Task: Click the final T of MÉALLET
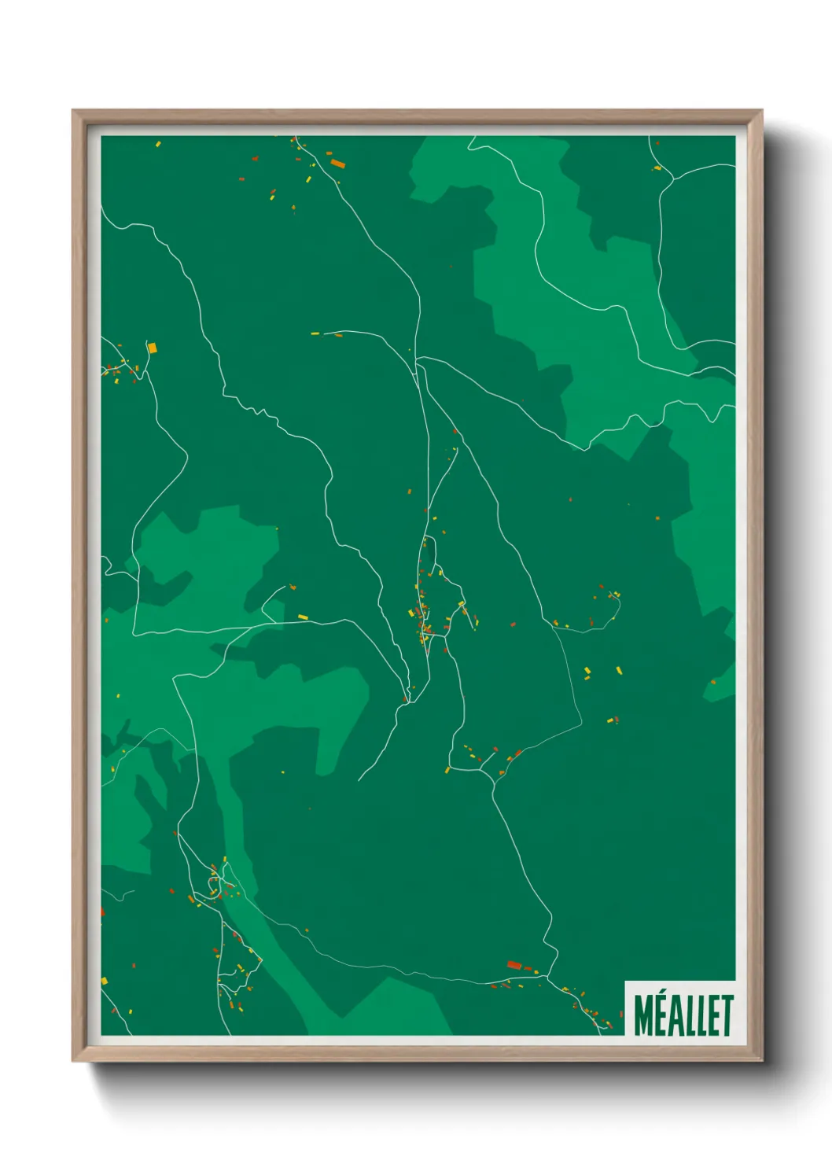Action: tap(727, 1015)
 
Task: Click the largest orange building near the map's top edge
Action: tap(338, 164)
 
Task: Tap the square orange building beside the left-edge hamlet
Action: tap(153, 347)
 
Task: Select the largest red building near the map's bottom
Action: tap(514, 964)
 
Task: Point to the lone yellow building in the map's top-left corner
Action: tap(158, 144)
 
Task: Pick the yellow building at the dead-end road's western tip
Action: tap(315, 333)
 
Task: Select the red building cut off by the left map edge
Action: tap(102, 912)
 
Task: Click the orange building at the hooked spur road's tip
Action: tap(292, 587)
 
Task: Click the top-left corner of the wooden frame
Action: tap(73, 111)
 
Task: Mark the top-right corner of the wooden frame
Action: tap(761, 111)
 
